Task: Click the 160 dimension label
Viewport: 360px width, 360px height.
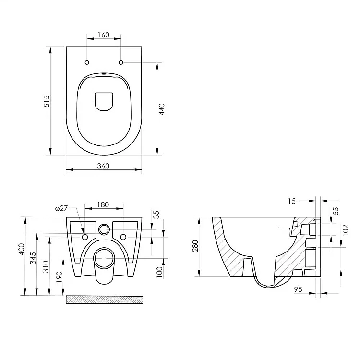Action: pos(104,35)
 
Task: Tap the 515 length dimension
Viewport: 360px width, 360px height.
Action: pos(47,101)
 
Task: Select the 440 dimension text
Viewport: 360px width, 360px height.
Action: pos(162,109)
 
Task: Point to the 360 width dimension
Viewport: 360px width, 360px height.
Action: pos(103,166)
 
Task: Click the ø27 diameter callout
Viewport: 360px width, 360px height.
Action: pos(61,208)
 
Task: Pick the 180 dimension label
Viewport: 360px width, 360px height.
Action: pos(103,204)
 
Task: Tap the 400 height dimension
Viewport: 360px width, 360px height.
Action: pos(21,249)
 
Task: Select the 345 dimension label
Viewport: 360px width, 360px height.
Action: pos(33,258)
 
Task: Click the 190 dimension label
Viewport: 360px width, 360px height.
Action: pos(59,277)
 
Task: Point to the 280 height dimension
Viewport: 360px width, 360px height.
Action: pos(195,246)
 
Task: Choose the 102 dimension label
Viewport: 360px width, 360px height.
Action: pos(345,230)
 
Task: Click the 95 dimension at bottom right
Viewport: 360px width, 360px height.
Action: pos(298,289)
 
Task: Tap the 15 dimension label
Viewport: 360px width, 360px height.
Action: pos(292,201)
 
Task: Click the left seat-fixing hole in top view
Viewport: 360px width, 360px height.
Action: pos(87,62)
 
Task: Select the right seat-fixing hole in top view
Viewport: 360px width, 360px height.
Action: pos(121,62)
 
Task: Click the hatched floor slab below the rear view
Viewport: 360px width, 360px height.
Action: pos(105,300)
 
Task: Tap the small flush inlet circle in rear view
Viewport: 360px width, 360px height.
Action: pos(104,229)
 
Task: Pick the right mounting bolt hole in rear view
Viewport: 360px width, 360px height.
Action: pos(123,237)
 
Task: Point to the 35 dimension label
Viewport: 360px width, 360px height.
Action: pos(156,215)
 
